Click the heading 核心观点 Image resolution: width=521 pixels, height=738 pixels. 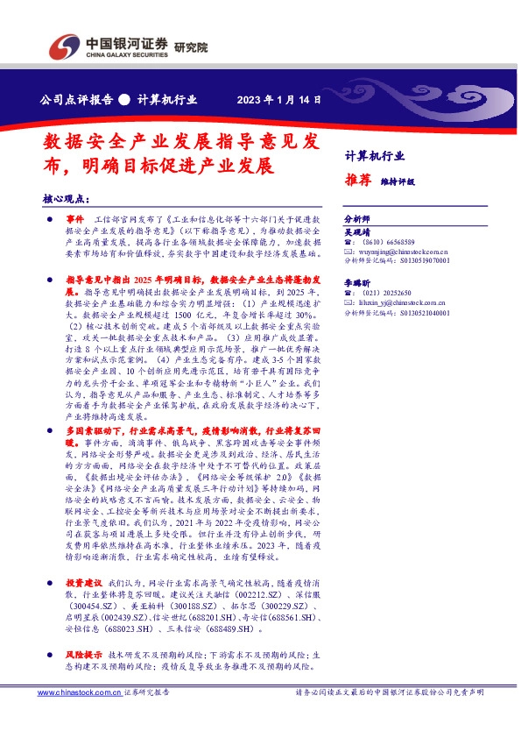tap(66, 199)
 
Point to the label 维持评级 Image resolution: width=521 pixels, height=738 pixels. tap(397, 181)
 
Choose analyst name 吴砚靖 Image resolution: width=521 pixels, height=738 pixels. tap(356, 231)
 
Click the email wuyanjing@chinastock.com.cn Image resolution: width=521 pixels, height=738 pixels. tap(402, 252)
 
